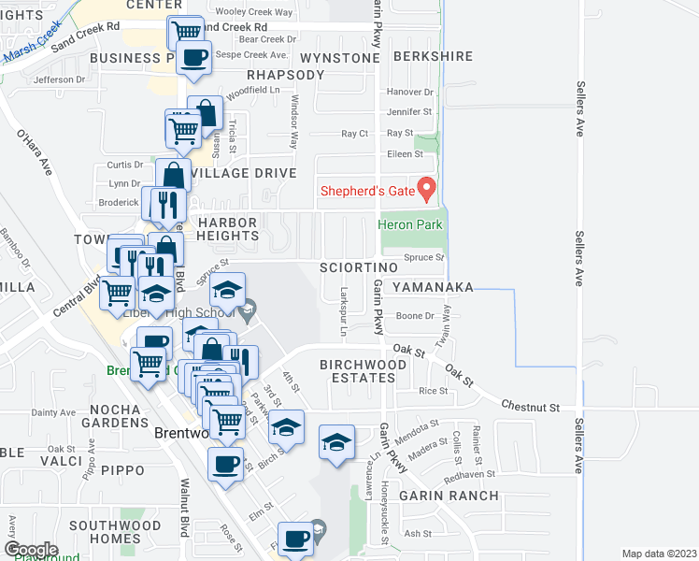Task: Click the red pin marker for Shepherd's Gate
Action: pyautogui.click(x=427, y=189)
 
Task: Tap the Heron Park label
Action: pyautogui.click(x=409, y=224)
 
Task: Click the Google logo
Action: pyautogui.click(x=30, y=549)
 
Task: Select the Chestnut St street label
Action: pyautogui.click(x=529, y=408)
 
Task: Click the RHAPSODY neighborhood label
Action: pyautogui.click(x=284, y=75)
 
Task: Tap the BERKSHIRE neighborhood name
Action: pyautogui.click(x=434, y=57)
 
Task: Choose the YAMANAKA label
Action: pyautogui.click(x=433, y=286)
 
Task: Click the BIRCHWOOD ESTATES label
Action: pyautogui.click(x=357, y=370)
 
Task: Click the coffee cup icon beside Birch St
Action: pyautogui.click(x=225, y=465)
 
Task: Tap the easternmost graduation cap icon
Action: pyautogui.click(x=337, y=442)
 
